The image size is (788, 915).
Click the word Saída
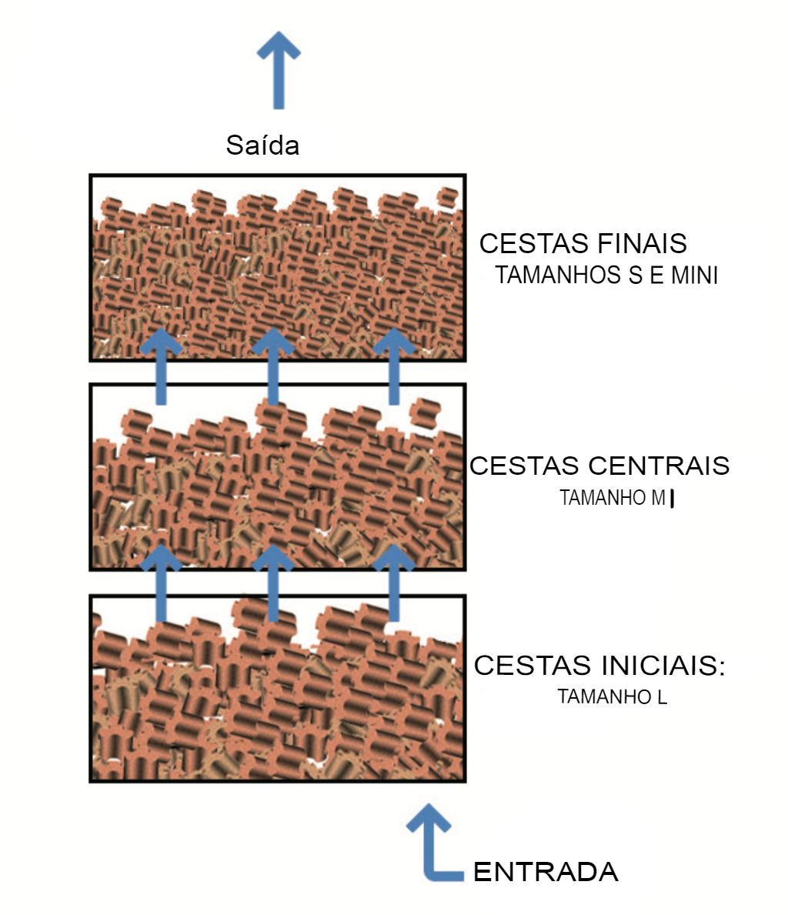pos(262,145)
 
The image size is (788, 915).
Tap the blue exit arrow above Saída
pos(279,70)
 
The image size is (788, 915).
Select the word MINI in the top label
pos(694,276)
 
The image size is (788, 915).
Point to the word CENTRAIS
pos(659,466)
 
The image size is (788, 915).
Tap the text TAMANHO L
pos(613,696)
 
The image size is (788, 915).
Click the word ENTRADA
pos(546,872)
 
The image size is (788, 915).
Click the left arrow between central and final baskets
pos(161,366)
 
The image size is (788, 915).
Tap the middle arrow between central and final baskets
pos(272,366)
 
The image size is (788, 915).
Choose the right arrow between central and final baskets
pos(394,366)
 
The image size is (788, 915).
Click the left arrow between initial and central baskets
pos(161,583)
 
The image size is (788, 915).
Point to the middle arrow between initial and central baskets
pos(272,583)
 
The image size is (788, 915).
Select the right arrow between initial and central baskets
pos(394,583)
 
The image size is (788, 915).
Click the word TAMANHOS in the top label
pos(558,276)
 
